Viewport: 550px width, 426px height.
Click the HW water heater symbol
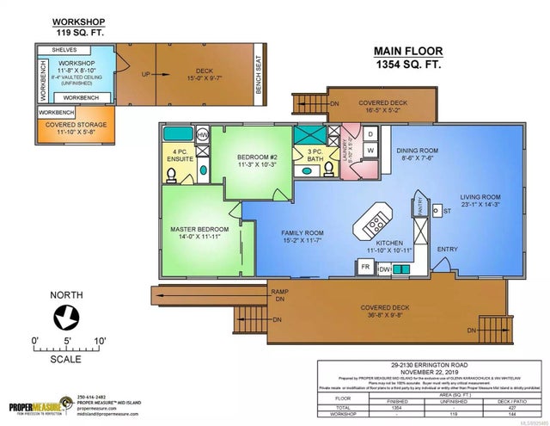203,136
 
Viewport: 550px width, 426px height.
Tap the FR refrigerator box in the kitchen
342,268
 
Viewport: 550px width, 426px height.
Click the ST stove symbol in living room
435,209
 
